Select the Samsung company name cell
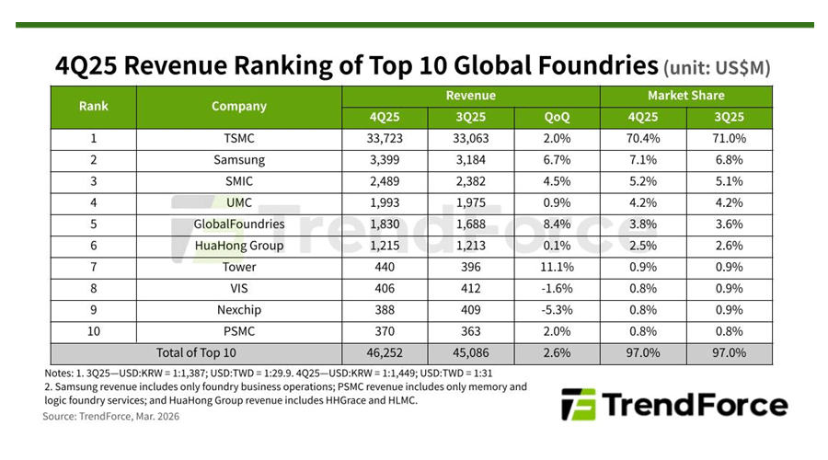click(238, 160)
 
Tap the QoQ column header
click(557, 117)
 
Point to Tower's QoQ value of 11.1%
click(557, 267)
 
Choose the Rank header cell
click(94, 106)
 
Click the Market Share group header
click(685, 95)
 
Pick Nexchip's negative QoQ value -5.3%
click(557, 310)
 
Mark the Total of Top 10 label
click(195, 352)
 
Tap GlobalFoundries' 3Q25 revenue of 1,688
click(471, 224)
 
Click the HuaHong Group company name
click(238, 246)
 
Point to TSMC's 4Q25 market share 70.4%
click(643, 139)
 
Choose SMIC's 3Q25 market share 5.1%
click(729, 181)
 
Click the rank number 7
click(94, 267)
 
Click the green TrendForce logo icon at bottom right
click(579, 405)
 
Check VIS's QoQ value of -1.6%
click(557, 288)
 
